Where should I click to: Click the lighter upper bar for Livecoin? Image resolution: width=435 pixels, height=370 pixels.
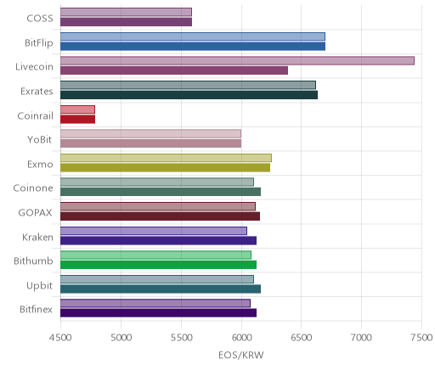click(x=237, y=61)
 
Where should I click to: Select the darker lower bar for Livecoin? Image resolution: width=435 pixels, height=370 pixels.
click(x=174, y=70)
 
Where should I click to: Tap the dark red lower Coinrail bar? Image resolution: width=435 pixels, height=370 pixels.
click(x=77, y=119)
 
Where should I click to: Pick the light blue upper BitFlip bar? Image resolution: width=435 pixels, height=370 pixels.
click(x=193, y=36)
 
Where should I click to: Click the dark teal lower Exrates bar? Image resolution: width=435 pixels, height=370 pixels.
click(x=189, y=95)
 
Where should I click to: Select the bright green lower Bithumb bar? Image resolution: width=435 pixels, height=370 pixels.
click(x=158, y=265)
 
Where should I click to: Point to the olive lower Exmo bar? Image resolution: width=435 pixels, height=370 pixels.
click(x=165, y=168)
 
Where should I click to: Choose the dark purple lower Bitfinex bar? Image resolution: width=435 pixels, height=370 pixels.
click(x=158, y=313)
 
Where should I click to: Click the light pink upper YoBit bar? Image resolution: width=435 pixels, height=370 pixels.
click(x=150, y=134)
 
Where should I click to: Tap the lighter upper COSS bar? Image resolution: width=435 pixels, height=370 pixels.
click(x=126, y=12)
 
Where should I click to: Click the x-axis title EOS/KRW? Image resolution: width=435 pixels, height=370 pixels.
click(x=241, y=355)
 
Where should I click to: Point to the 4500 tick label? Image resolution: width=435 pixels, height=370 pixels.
click(x=60, y=338)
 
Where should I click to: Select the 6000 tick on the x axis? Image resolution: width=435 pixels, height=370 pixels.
click(x=241, y=338)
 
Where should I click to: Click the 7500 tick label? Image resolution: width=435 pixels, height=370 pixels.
click(x=421, y=338)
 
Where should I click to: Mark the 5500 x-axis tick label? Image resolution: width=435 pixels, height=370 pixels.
click(x=181, y=338)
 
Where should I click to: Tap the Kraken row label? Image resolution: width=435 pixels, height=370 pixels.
click(x=37, y=237)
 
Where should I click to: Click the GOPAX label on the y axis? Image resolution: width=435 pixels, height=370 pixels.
click(x=36, y=213)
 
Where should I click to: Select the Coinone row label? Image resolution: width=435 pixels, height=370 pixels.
click(x=33, y=188)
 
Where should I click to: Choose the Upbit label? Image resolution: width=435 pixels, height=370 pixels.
click(x=39, y=286)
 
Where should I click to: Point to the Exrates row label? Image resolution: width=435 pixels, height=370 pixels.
click(x=37, y=92)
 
